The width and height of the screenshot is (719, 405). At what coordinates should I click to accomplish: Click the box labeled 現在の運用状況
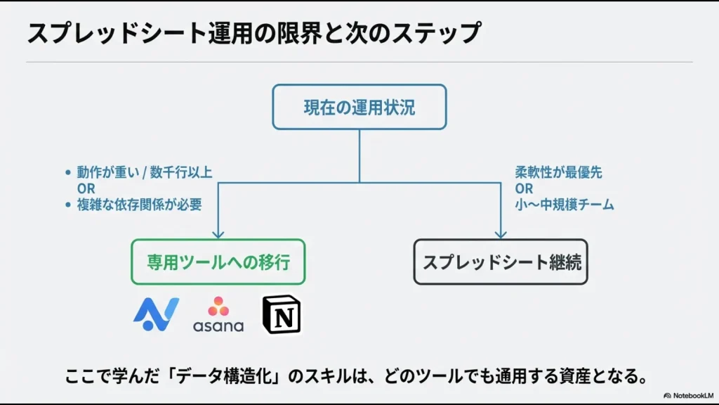pyautogui.click(x=359, y=107)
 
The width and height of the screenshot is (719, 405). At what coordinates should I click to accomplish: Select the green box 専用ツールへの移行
pyautogui.click(x=218, y=262)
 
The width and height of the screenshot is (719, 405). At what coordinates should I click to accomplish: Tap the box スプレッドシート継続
pyautogui.click(x=500, y=262)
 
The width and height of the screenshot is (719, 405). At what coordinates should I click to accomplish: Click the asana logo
pyautogui.click(x=218, y=314)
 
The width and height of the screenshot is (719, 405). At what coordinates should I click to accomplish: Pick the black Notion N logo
pyautogui.click(x=281, y=314)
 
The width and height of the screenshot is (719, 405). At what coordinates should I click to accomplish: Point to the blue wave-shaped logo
pyautogui.click(x=156, y=314)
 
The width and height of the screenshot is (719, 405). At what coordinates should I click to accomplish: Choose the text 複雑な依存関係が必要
pyautogui.click(x=139, y=205)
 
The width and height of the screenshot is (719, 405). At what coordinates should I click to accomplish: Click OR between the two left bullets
pyautogui.click(x=86, y=188)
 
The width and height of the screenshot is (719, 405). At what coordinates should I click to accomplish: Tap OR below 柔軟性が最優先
pyautogui.click(x=524, y=188)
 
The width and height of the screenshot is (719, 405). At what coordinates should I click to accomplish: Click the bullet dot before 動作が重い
pyautogui.click(x=67, y=172)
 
